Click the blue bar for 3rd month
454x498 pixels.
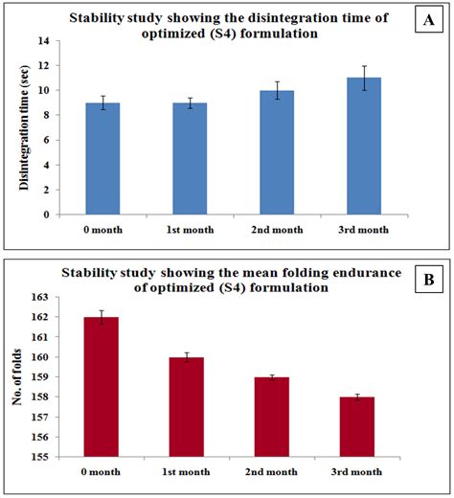364,146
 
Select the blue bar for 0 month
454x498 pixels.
102,159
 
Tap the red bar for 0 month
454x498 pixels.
102,387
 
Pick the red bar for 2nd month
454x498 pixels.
272,417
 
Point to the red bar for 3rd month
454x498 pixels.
357,427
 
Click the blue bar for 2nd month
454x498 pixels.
277,152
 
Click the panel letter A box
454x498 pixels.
429,20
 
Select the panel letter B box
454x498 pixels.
429,280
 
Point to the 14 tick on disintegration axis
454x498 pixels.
44,41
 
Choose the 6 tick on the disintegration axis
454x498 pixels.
47,140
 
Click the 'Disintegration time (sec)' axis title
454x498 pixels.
24,127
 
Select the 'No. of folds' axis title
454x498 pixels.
16,377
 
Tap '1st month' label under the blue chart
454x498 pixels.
190,230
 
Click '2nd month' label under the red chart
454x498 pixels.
271,472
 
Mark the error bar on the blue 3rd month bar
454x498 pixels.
364,78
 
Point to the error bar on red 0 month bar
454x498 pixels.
102,317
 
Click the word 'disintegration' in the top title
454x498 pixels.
293,18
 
